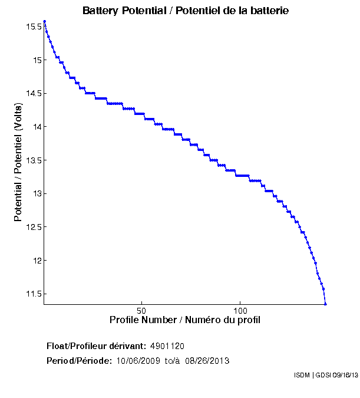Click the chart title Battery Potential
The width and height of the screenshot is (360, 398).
point(186,11)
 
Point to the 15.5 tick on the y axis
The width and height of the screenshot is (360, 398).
point(33,27)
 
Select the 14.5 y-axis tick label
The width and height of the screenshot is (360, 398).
point(33,93)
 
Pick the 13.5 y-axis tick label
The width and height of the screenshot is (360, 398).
point(33,160)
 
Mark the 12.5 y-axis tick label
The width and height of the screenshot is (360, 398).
point(33,227)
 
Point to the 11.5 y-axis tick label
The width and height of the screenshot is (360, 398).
point(33,294)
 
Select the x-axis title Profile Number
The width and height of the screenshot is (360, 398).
point(185,320)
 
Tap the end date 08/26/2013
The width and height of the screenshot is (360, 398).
point(207,360)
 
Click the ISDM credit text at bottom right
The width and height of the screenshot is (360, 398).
point(325,375)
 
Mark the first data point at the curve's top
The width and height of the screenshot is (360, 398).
point(45,21)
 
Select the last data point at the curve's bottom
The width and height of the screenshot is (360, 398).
point(325,304)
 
